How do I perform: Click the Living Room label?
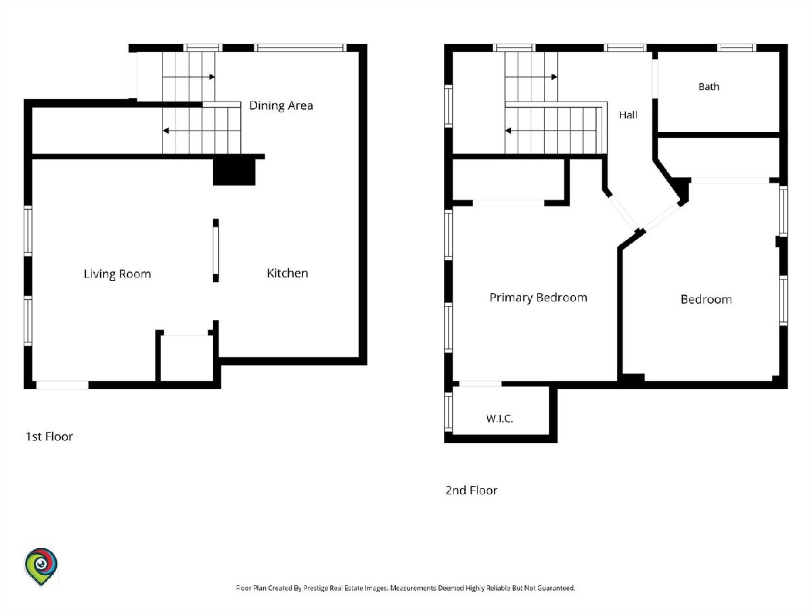tap(117, 274)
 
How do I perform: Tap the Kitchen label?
tap(288, 273)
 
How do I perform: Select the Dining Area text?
tap(281, 106)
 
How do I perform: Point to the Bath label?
tap(708, 87)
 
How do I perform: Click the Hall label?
tap(628, 115)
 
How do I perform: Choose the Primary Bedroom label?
tap(538, 298)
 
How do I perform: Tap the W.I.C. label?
tap(499, 419)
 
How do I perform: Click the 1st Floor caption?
tap(49, 436)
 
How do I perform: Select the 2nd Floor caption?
tap(471, 491)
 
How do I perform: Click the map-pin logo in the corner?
tap(41, 566)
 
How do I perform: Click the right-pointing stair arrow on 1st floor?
tap(189, 77)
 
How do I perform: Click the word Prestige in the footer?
tap(315, 588)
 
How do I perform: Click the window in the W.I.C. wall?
tap(448, 412)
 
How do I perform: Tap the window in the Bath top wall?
tap(737, 47)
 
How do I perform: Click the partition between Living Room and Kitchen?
tap(216, 250)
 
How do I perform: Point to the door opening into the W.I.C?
tap(480, 384)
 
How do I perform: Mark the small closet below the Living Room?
tap(186, 358)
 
